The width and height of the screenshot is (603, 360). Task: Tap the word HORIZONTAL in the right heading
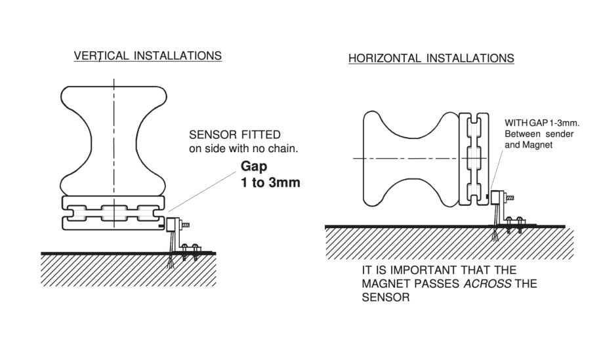point(380,58)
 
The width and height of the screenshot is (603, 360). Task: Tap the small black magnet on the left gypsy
point(161,225)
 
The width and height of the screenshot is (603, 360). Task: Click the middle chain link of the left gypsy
point(114,213)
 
